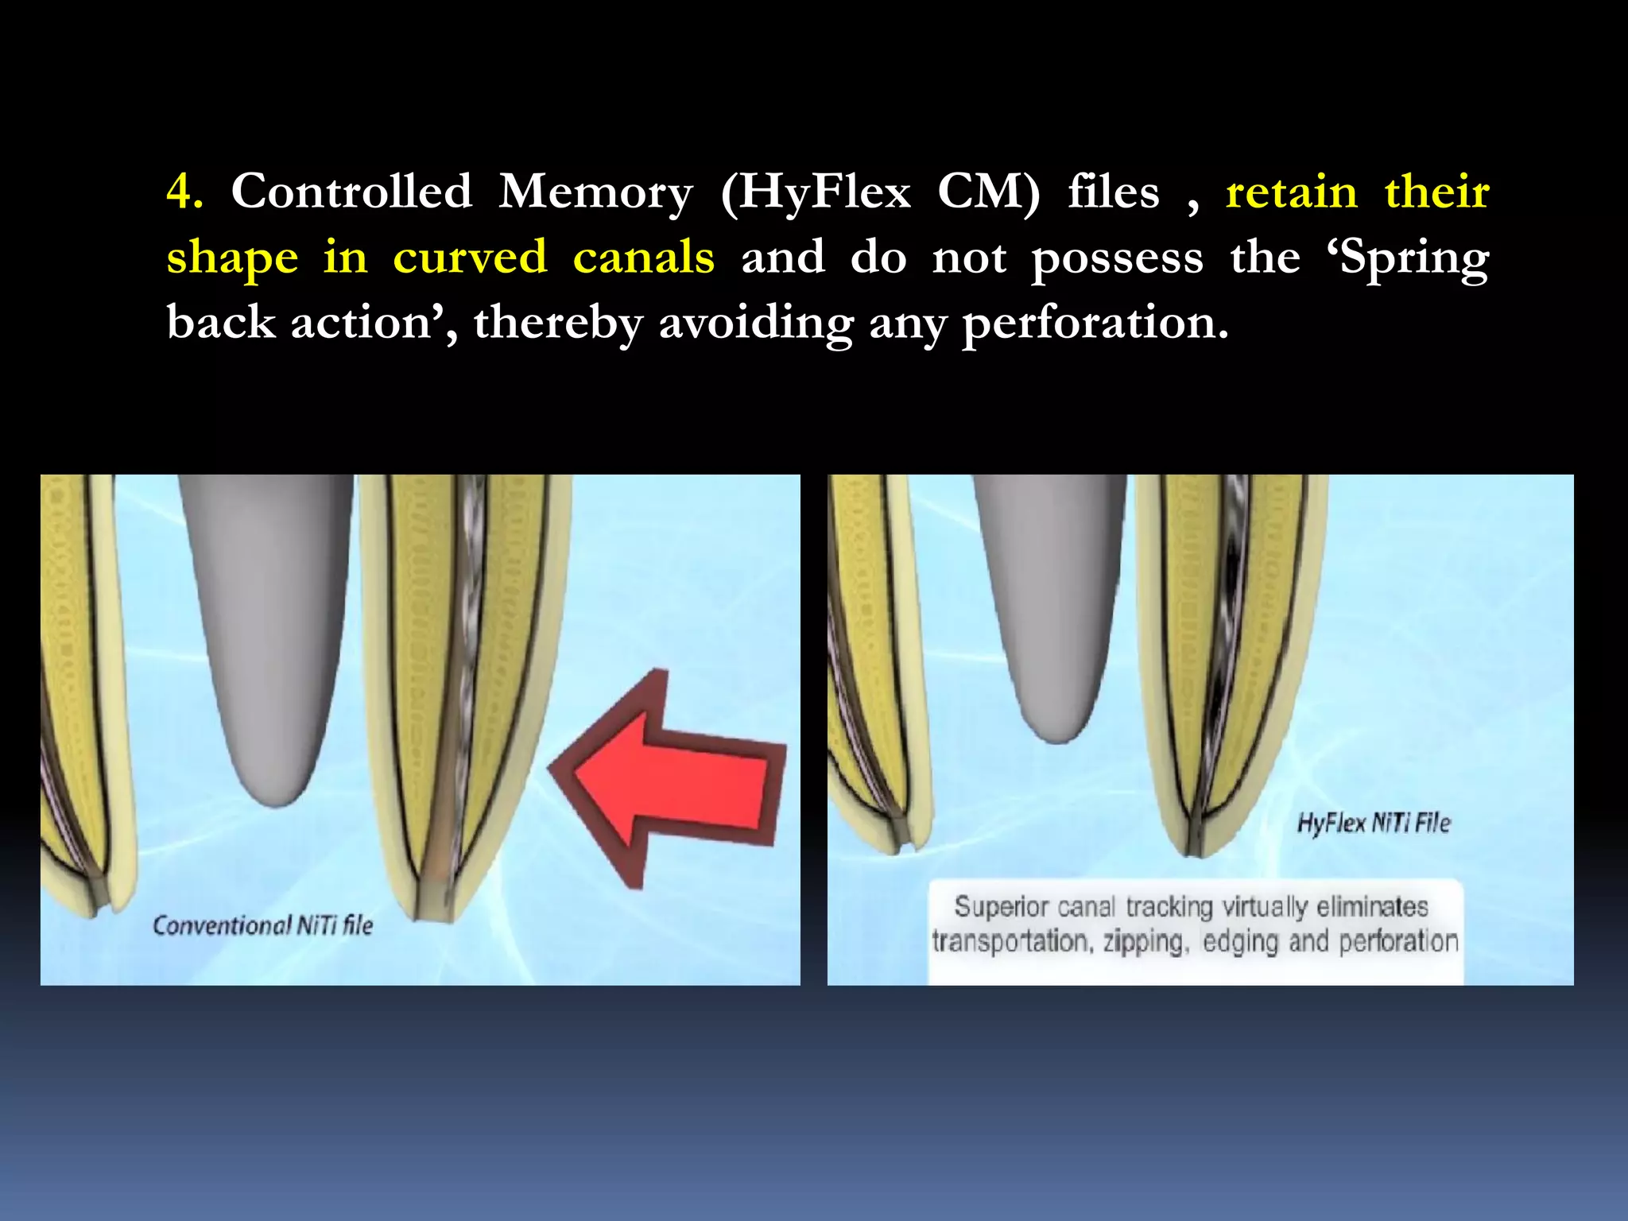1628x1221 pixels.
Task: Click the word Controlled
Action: click(351, 192)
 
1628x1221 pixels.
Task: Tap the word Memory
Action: click(595, 192)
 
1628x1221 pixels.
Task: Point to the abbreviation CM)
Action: click(988, 192)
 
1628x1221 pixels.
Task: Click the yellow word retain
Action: click(1292, 193)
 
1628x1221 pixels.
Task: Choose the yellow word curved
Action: click(470, 258)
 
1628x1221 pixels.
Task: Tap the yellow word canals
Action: click(643, 258)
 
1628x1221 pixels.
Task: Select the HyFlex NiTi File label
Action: click(1374, 824)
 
